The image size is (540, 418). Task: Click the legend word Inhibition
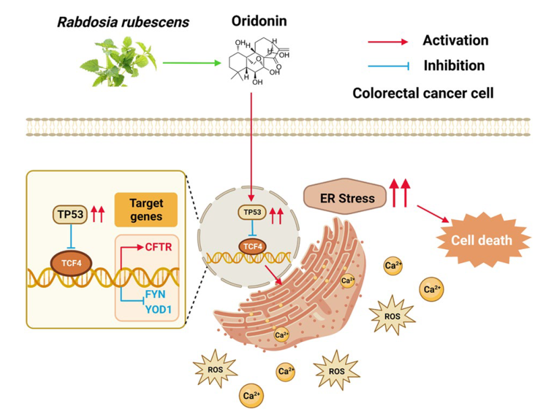tap(454, 66)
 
